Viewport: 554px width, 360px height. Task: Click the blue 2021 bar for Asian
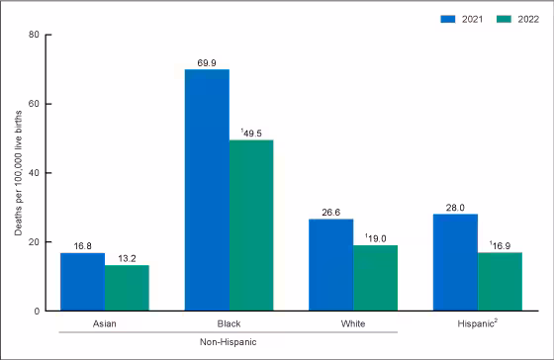83,282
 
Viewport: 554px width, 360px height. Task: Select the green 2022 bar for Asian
127,288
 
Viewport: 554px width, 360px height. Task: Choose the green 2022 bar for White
376,278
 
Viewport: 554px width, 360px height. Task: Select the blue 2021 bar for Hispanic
456,262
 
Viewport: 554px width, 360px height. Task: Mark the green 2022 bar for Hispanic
500,282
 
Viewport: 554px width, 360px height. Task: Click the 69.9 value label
207,61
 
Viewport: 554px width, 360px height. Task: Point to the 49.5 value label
252,133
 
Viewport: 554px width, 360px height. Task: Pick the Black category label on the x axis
229,323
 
